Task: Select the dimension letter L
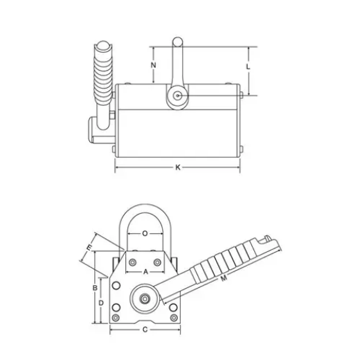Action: [249, 66]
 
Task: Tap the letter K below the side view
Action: [178, 168]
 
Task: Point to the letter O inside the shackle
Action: [145, 233]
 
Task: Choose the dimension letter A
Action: [145, 272]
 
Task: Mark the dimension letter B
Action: [94, 287]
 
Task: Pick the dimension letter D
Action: [102, 303]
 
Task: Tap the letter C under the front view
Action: [145, 330]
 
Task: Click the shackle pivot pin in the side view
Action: [177, 96]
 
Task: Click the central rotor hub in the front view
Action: [145, 299]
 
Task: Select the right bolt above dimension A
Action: [160, 262]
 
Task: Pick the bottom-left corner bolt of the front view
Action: [116, 318]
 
